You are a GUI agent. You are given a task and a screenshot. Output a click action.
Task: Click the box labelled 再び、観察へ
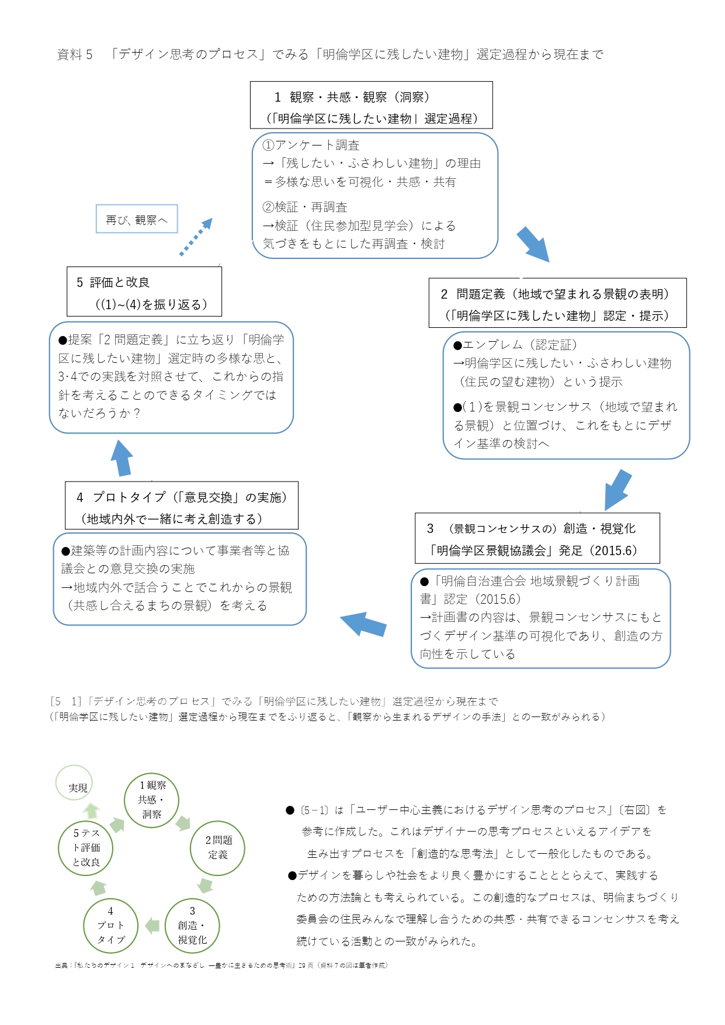(x=137, y=219)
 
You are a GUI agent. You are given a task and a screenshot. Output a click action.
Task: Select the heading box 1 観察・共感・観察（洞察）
(x=371, y=105)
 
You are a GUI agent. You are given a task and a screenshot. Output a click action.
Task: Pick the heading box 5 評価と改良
(x=144, y=292)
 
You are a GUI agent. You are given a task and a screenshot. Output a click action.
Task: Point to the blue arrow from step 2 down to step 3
(x=618, y=490)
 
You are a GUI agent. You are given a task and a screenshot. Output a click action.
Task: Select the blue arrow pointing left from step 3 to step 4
(x=363, y=625)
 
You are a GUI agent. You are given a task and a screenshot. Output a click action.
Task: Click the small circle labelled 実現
(x=74, y=783)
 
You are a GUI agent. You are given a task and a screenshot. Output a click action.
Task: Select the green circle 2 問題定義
(x=217, y=848)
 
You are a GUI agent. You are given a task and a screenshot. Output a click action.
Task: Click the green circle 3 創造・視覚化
(x=192, y=926)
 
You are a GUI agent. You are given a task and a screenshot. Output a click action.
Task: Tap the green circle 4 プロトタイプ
(x=110, y=926)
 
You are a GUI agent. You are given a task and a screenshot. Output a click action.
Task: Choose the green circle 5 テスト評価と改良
(x=86, y=848)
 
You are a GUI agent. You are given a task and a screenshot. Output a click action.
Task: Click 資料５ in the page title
(x=75, y=55)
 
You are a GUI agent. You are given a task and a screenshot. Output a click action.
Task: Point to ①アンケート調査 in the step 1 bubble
(x=311, y=145)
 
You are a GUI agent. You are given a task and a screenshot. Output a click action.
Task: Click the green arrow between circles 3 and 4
(x=152, y=925)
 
